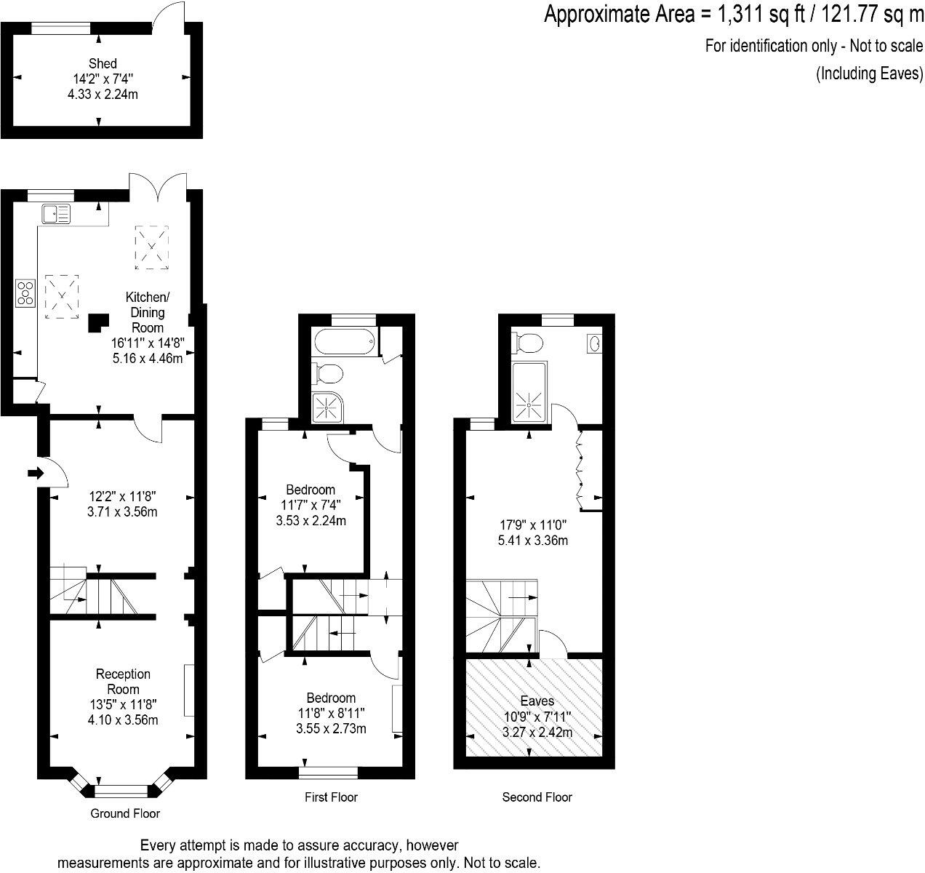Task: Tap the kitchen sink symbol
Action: click(x=56, y=214)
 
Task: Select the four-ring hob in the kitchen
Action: click(x=25, y=292)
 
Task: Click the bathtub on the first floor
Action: click(x=344, y=340)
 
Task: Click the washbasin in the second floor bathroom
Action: click(x=594, y=343)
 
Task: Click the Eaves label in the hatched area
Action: click(x=537, y=701)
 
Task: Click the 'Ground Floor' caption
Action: click(x=125, y=813)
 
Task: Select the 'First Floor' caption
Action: click(x=331, y=797)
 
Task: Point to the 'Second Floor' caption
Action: click(x=537, y=797)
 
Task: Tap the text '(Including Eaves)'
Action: click(x=869, y=73)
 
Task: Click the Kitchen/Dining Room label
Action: click(x=148, y=312)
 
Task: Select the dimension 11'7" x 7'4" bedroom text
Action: click(x=311, y=504)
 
